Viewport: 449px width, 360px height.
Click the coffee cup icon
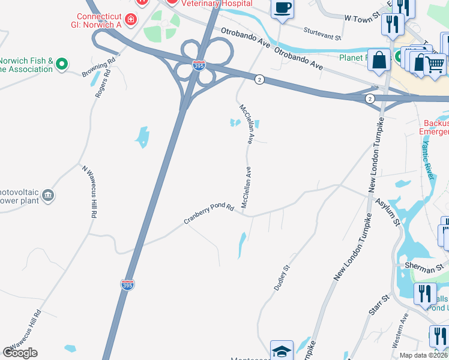pos(282,8)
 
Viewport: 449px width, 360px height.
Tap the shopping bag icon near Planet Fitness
pos(380,60)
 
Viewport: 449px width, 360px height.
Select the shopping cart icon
pos(436,63)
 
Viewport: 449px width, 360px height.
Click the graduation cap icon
pos(282,350)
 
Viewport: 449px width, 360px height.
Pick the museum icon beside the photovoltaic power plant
pos(48,195)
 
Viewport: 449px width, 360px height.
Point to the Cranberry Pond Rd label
pos(209,214)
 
